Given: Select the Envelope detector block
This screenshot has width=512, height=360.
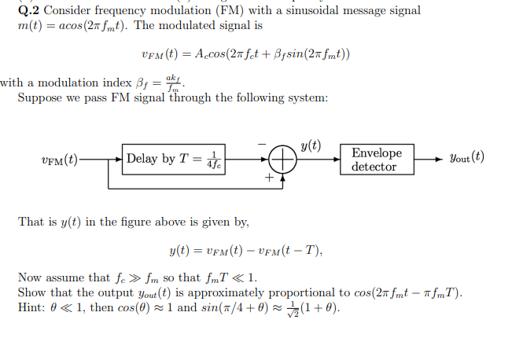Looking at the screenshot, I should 376,160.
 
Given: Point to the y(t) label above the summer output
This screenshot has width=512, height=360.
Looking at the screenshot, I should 311,145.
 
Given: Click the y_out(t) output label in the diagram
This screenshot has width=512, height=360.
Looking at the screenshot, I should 466,157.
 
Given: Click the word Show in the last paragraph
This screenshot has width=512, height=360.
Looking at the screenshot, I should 32,292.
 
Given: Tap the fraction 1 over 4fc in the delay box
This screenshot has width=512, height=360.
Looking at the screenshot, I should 213,160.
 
